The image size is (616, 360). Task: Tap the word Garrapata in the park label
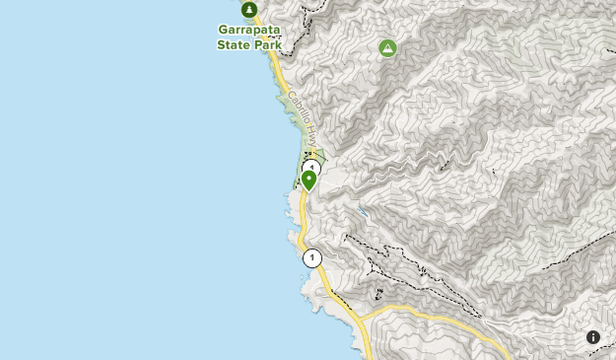pyautogui.click(x=249, y=30)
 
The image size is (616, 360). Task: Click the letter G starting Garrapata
pyautogui.click(x=223, y=30)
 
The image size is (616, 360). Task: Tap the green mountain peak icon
pyautogui.click(x=387, y=47)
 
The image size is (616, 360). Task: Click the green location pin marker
pyautogui.click(x=308, y=179)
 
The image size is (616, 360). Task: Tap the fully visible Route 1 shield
pyautogui.click(x=312, y=258)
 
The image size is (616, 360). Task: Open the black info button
pyautogui.click(x=593, y=336)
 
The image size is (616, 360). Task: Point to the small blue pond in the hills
pyautogui.click(x=364, y=211)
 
